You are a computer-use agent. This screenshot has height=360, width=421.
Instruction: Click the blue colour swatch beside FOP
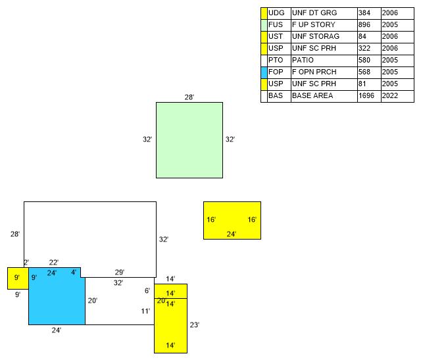pos(264,72)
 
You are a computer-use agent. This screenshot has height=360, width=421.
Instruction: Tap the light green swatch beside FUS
pos(264,25)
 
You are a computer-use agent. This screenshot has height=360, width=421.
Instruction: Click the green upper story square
pos(189,140)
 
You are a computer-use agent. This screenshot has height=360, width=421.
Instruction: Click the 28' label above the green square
pos(189,97)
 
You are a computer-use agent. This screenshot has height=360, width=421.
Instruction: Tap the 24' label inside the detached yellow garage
pos(232,234)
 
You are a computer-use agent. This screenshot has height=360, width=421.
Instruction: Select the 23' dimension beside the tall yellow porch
pos(194,324)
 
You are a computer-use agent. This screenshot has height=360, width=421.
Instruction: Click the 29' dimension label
pos(120,272)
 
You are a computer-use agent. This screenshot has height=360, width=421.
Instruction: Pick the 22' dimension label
pos(54,263)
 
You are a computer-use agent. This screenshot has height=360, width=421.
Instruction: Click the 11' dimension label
pos(145,311)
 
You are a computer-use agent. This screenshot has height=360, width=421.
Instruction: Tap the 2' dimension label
pos(26,263)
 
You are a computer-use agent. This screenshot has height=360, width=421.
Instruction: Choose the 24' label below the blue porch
pos(57,330)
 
